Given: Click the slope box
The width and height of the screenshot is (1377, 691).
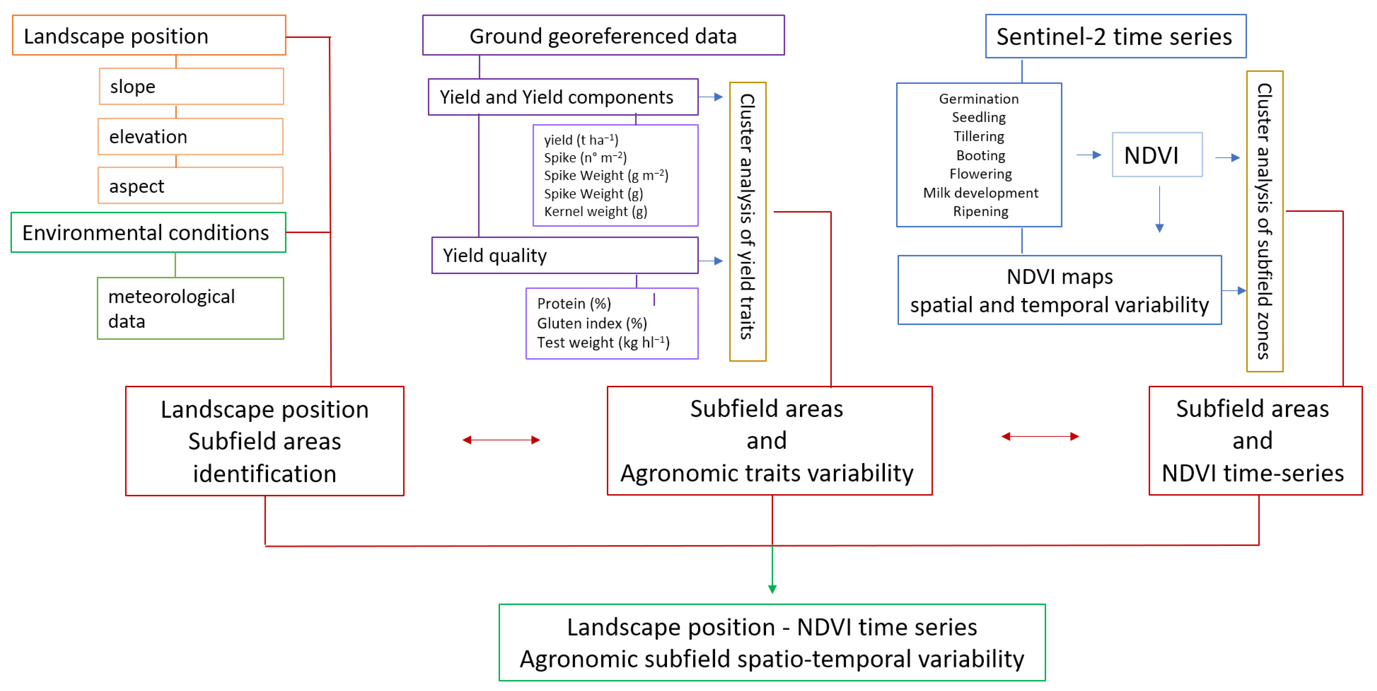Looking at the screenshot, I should click(191, 86).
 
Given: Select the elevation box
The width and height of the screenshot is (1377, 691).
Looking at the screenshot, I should click(190, 137).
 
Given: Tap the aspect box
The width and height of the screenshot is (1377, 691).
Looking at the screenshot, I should click(190, 186).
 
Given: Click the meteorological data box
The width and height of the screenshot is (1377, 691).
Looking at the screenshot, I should click(190, 308).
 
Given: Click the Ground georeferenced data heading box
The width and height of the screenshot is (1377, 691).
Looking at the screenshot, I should click(603, 35).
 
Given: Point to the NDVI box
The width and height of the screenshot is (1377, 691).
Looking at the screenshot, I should click(1157, 155).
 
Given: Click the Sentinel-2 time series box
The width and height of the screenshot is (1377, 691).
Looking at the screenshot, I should click(1115, 36).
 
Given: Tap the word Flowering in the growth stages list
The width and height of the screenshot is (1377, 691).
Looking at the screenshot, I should click(980, 174).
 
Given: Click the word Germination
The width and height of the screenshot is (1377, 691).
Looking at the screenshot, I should click(978, 99).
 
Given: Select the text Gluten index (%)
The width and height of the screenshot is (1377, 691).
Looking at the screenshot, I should click(592, 323).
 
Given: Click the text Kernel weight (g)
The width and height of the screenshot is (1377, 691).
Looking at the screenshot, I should click(595, 211).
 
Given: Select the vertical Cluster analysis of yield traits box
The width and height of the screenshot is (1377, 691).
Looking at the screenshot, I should click(747, 221).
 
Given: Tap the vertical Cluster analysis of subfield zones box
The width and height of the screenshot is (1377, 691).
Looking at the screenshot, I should click(1264, 221).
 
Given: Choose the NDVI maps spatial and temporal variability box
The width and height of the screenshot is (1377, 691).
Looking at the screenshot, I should click(1059, 290).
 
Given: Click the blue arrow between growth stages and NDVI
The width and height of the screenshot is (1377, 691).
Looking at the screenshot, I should click(1089, 155).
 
